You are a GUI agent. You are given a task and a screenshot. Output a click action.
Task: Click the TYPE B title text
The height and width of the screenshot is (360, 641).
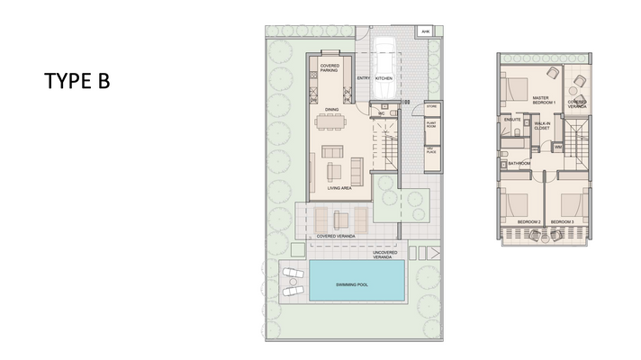click(77, 81)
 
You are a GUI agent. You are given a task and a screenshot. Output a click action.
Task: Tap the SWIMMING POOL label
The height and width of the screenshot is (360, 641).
click(357, 284)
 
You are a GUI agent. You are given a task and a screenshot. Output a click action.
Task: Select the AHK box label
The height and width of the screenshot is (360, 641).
click(426, 31)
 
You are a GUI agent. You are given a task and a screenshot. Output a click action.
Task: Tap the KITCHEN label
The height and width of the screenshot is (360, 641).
click(384, 78)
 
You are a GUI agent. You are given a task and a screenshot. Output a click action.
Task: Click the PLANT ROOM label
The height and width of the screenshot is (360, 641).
click(431, 126)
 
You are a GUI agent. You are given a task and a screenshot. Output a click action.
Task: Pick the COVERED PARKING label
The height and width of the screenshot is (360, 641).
click(330, 67)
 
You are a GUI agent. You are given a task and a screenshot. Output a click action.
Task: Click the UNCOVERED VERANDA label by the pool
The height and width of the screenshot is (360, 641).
click(385, 255)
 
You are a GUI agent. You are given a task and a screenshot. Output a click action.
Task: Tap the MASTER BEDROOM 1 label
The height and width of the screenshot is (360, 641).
click(544, 100)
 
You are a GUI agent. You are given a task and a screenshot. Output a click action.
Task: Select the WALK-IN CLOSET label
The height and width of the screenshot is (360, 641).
click(542, 124)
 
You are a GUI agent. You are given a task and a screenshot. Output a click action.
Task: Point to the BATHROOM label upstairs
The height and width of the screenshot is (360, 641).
click(519, 163)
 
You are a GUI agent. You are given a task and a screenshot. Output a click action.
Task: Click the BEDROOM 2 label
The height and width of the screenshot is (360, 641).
click(528, 221)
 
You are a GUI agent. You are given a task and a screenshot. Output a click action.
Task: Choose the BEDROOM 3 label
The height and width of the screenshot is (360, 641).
click(563, 221)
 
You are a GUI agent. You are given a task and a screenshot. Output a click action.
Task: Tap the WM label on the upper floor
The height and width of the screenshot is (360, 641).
click(558, 147)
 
